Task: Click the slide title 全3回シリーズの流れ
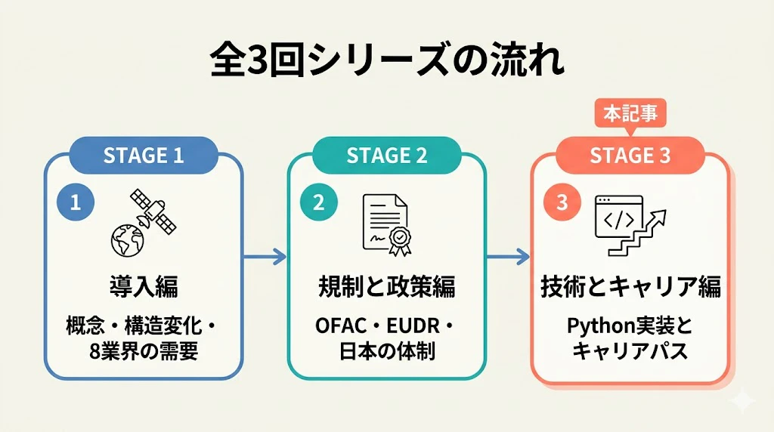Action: pyautogui.click(x=388, y=61)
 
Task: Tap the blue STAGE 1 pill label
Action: pyautogui.click(x=144, y=156)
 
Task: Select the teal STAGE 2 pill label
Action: pyautogui.click(x=387, y=156)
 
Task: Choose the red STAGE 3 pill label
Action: pyautogui.click(x=630, y=156)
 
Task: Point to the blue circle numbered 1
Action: pyautogui.click(x=76, y=202)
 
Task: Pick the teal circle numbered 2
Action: pyautogui.click(x=319, y=202)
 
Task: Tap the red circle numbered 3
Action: pyautogui.click(x=562, y=202)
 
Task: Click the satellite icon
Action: pyautogui.click(x=153, y=211)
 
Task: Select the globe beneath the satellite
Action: pyautogui.click(x=127, y=241)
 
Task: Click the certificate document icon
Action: pyautogui.click(x=385, y=222)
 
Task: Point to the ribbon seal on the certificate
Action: pyautogui.click(x=400, y=242)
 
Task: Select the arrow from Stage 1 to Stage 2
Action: pyautogui.click(x=265, y=257)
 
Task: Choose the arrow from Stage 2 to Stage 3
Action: pyautogui.click(x=509, y=257)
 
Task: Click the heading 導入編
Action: pyautogui.click(x=144, y=286)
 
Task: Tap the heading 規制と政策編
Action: pyautogui.click(x=387, y=286)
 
